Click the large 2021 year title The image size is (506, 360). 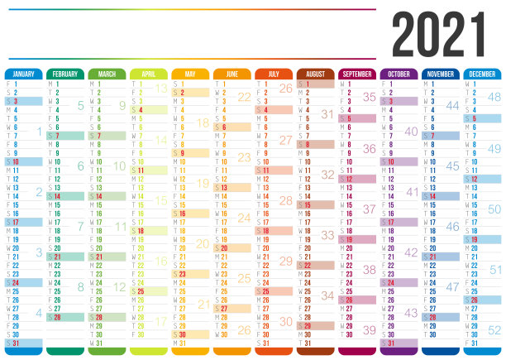tap(438, 35)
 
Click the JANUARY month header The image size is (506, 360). tap(25, 74)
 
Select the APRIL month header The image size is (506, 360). tap(150, 74)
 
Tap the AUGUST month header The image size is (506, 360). tap(316, 74)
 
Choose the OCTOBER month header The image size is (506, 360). tap(399, 74)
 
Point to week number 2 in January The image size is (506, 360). tap(38, 192)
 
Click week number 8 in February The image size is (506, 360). tap(80, 286)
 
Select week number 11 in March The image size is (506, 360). tap(122, 226)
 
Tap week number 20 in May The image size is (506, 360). tap(203, 243)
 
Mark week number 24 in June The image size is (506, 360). tap(244, 218)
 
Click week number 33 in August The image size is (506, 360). tap(327, 235)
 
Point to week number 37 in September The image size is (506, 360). tap(369, 209)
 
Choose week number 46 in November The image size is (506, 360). tap(452, 226)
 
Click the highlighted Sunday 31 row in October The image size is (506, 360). tap(399, 343)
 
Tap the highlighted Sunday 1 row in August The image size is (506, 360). tap(316, 84)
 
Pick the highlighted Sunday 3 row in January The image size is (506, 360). tap(25, 101)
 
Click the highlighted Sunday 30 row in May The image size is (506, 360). tap(191, 334)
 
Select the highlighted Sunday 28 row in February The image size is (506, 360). tap(66, 317)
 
